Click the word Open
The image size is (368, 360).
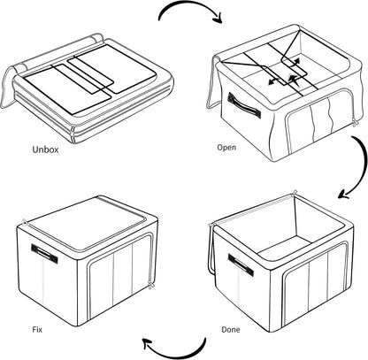(x=226, y=149)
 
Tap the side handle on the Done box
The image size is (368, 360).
(x=241, y=262)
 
